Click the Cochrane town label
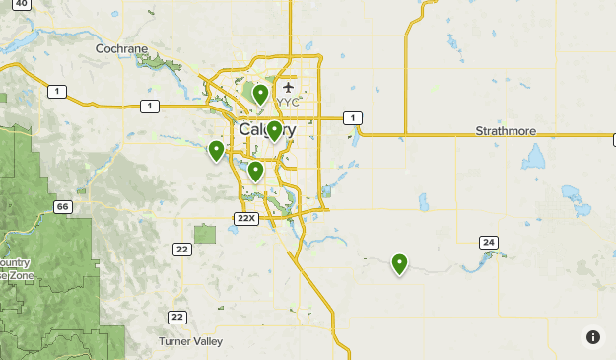click(x=122, y=48)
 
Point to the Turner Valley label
click(x=190, y=341)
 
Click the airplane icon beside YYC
click(x=288, y=87)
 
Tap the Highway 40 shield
click(x=22, y=4)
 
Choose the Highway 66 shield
click(x=63, y=206)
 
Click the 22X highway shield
click(x=246, y=217)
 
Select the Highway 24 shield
click(x=488, y=242)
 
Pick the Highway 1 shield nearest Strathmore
click(x=351, y=118)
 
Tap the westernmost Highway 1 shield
click(x=60, y=92)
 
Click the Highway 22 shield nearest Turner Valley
click(x=176, y=317)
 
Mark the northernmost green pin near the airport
click(x=260, y=94)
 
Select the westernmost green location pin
click(x=216, y=150)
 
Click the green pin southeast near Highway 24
click(x=399, y=262)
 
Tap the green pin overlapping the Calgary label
click(x=274, y=130)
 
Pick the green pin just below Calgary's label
click(x=255, y=171)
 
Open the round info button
click(x=593, y=337)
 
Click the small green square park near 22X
click(x=205, y=234)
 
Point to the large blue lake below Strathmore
click(x=536, y=157)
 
